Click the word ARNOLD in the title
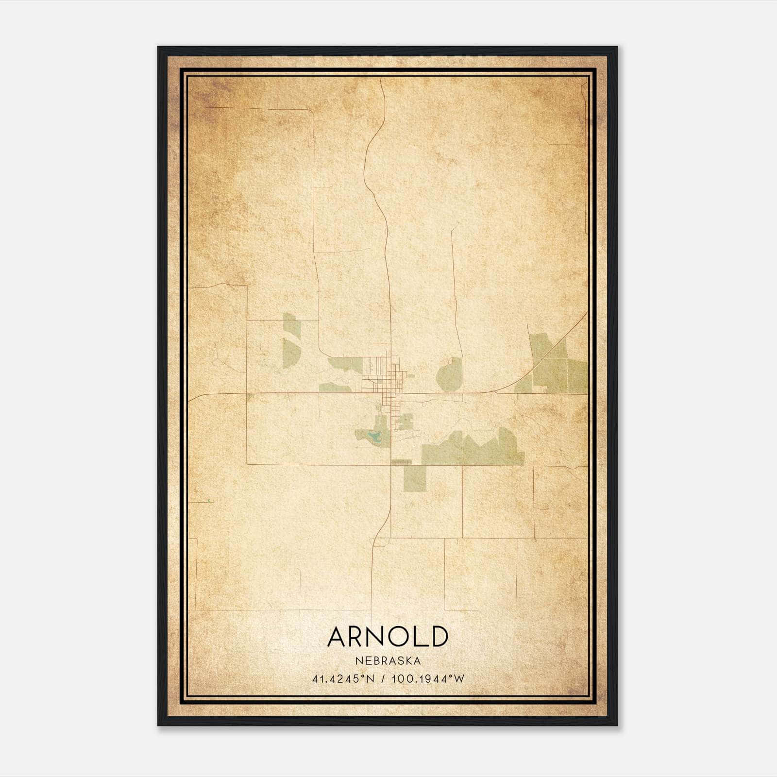point(388,636)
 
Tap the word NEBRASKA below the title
point(388,661)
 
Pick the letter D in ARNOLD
point(438,636)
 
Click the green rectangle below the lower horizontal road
point(415,478)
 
